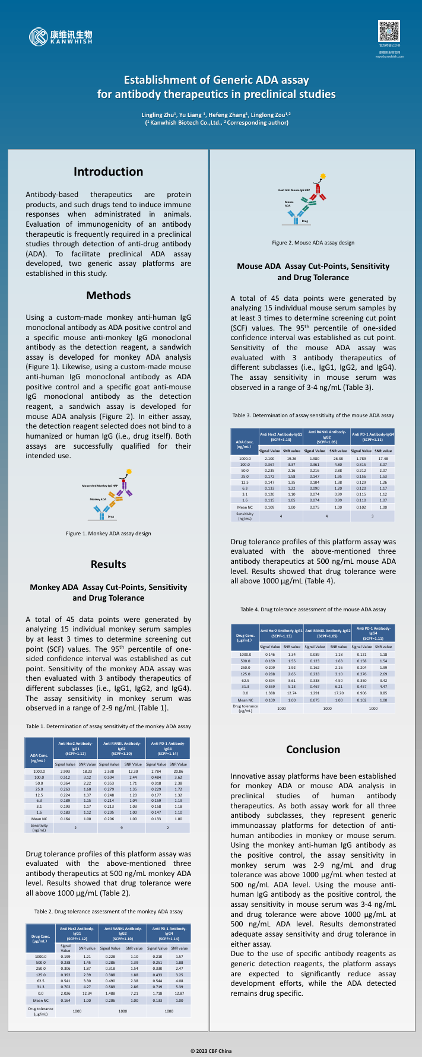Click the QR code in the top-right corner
point(389,31)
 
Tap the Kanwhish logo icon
point(38,37)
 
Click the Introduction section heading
point(108,172)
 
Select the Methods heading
point(108,295)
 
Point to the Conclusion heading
point(313,749)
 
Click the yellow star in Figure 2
point(323,176)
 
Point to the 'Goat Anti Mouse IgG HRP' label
point(294,191)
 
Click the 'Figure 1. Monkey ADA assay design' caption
point(108,534)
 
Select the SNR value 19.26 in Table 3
point(291,458)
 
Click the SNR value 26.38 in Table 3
point(338,458)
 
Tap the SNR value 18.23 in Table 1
point(87,771)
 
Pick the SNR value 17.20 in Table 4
point(338,693)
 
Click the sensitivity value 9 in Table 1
point(121,827)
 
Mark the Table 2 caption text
point(108,911)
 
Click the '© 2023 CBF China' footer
point(211,1051)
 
